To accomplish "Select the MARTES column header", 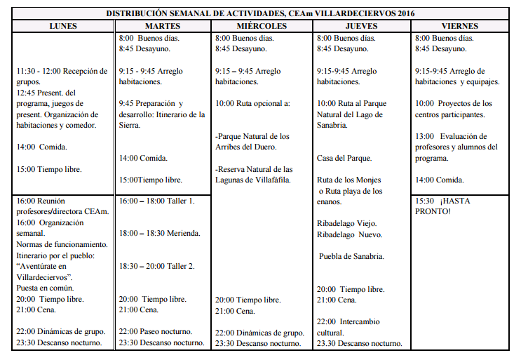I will pyautogui.click(x=163, y=27).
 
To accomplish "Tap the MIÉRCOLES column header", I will pyautogui.click(x=262, y=27).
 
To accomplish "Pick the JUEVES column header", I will pyautogui.click(x=361, y=27).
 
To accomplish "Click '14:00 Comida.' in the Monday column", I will pyautogui.click(x=41, y=147).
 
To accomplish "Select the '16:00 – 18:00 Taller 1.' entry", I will pyautogui.click(x=156, y=201).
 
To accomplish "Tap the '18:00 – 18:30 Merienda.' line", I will pyautogui.click(x=160, y=233).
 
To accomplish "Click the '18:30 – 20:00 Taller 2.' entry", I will pyautogui.click(x=156, y=266).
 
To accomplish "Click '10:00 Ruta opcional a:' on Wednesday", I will pyautogui.click(x=252, y=103).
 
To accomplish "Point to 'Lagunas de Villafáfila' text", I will pyautogui.click(x=253, y=180).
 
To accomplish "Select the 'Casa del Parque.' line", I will pyautogui.click(x=344, y=158).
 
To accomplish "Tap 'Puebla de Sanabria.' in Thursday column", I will pyautogui.click(x=351, y=256).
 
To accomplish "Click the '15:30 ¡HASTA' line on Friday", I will pyautogui.click(x=441, y=201).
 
